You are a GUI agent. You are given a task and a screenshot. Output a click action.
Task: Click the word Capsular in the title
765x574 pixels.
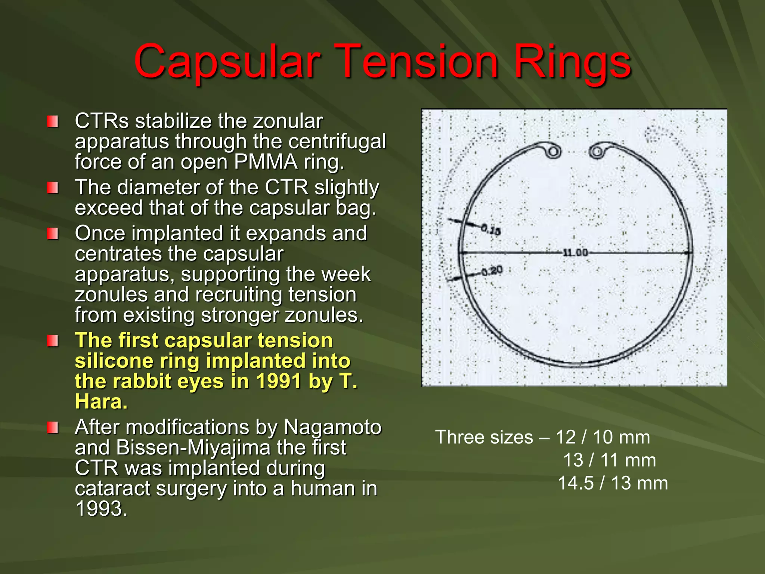[227, 62]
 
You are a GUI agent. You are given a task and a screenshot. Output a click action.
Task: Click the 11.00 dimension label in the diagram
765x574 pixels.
[576, 253]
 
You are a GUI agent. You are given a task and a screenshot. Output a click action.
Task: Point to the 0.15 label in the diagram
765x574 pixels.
[491, 230]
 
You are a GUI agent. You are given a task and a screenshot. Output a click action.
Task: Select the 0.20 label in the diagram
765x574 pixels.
[492, 270]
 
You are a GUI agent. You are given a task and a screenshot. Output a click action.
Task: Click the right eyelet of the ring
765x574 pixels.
[597, 151]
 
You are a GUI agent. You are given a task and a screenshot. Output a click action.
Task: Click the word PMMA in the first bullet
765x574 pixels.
[266, 162]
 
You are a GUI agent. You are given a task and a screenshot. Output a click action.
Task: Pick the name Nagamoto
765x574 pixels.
[332, 427]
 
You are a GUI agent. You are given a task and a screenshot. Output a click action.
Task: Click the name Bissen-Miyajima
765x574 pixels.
[193, 448]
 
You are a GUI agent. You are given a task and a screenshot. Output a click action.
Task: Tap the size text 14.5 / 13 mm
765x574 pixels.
[613, 483]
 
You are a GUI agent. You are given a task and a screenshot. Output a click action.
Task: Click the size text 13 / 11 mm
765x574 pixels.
[609, 460]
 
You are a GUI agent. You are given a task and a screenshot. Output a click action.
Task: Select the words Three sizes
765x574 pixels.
[484, 437]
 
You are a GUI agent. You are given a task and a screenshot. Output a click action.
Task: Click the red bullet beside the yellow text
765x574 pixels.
[53, 341]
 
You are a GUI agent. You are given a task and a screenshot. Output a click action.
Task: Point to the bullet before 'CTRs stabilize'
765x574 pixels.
[53, 121]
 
